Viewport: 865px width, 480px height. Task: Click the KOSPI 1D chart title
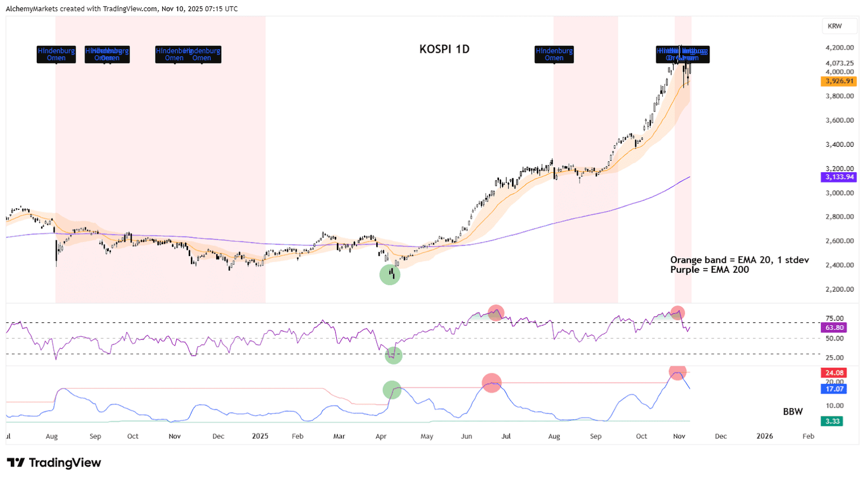444,50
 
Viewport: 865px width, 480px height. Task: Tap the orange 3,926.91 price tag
839,82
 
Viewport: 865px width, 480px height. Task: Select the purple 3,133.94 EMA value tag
839,177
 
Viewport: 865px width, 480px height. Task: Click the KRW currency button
835,26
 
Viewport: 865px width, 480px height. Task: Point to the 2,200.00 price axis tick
839,289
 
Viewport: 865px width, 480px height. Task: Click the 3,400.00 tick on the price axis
839,145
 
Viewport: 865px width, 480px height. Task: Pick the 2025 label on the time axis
260,436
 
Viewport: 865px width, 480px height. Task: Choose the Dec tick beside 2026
721,436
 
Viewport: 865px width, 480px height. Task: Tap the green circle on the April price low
390,275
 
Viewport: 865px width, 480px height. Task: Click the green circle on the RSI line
394,355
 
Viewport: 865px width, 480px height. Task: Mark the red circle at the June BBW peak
492,383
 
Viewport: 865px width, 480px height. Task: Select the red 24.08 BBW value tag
834,373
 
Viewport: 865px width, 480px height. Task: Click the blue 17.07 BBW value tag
834,389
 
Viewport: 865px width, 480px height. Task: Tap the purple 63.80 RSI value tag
834,328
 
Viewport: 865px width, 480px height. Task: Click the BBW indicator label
792,412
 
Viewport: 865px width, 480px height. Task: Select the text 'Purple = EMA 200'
710,270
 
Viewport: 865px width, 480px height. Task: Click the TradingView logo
54,463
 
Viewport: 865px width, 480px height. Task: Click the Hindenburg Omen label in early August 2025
554,54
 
